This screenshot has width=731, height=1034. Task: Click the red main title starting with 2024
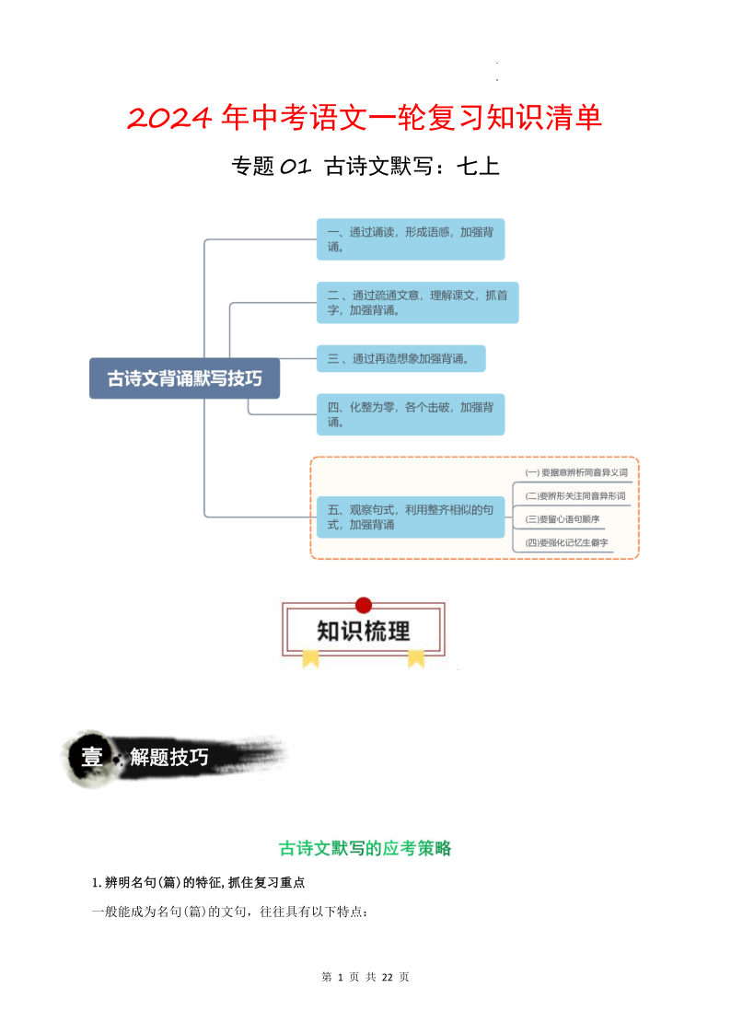pos(365,118)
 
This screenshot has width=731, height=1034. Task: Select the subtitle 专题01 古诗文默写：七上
pos(365,167)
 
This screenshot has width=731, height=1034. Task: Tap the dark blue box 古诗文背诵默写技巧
pos(184,378)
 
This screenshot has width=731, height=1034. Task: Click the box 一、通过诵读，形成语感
pos(410,239)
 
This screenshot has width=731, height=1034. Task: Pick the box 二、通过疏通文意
pos(417,302)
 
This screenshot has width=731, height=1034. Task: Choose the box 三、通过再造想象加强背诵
pos(400,359)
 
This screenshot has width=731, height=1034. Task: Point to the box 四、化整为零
pos(410,414)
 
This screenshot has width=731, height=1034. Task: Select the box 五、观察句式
pos(410,517)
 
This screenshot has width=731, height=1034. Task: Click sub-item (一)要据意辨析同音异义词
pos(575,472)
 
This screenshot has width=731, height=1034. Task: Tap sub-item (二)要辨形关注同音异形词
pos(574,496)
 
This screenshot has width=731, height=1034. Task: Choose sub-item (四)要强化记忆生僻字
pos(567,543)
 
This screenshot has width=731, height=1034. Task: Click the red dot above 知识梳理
pos(364,605)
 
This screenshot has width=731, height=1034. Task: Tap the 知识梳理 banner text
pos(364,632)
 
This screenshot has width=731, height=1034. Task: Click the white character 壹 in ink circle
pos(92,758)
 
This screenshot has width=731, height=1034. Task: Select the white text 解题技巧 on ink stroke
pos(169,758)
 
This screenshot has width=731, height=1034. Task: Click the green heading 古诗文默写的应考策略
pos(365,848)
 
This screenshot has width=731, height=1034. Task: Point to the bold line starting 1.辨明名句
pos(199,882)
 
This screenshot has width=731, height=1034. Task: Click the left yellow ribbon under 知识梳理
pos(310,657)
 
